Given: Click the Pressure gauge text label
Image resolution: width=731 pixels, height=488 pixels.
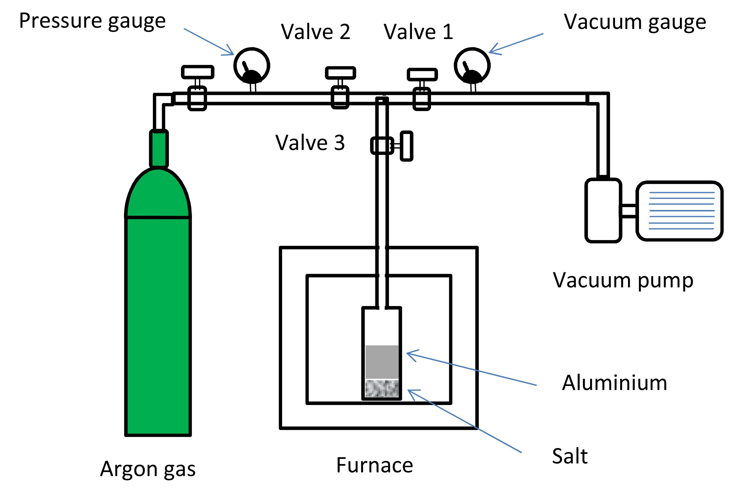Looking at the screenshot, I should (x=92, y=21).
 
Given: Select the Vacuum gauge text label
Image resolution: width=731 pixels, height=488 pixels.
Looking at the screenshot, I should (x=635, y=22).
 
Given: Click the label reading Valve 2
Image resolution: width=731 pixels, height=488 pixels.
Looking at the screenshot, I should (x=315, y=32).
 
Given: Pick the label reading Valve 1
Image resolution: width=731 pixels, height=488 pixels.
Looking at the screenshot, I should (x=418, y=32).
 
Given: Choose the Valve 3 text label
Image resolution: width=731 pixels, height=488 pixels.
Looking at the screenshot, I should (x=310, y=143).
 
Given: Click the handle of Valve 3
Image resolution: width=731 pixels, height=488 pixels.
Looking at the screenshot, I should (x=406, y=146).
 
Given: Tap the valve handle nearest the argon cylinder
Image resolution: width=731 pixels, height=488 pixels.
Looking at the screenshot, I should (x=198, y=72).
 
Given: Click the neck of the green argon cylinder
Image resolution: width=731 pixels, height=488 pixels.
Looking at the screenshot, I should (x=159, y=149).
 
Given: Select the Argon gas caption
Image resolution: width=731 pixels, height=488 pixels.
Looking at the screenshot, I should (x=148, y=469).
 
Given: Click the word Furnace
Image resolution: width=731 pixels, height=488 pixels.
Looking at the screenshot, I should (x=374, y=465).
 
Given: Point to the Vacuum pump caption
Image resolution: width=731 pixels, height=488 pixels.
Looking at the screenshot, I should (x=623, y=280).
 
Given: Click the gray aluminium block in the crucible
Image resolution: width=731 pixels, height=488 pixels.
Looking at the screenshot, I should (x=382, y=362).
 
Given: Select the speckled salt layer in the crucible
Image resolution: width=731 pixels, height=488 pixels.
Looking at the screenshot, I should (x=382, y=388).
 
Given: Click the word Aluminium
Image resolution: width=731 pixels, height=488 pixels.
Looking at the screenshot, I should (x=614, y=383).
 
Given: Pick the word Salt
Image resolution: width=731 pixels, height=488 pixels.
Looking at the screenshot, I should (x=570, y=456).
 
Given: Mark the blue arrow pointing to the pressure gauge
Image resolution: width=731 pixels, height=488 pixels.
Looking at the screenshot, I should (x=209, y=42).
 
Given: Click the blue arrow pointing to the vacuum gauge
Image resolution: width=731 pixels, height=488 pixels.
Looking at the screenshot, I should (x=516, y=43).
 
